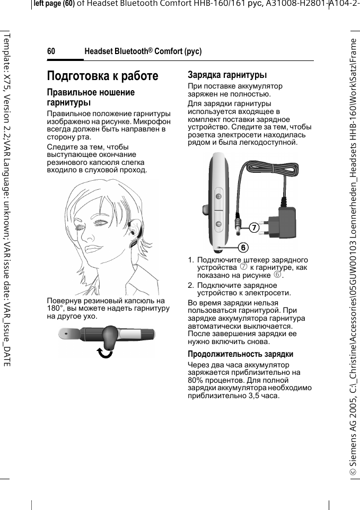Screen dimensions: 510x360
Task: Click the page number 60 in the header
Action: (51, 51)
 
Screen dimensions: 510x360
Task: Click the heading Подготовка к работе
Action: (102, 76)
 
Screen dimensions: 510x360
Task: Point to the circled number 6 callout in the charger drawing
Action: (242, 248)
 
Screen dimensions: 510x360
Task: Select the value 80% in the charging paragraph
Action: (197, 380)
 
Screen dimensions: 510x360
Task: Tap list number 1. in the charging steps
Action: (191, 260)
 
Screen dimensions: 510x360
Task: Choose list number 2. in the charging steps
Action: (191, 285)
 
